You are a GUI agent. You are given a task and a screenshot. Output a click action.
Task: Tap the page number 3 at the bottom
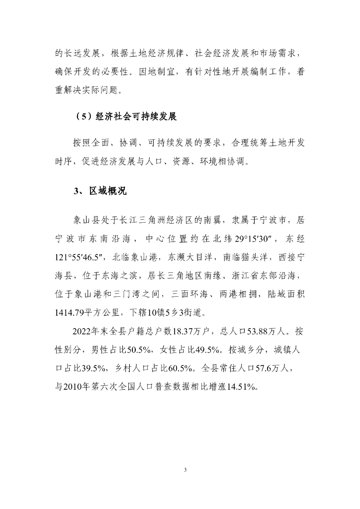tap(184, 470)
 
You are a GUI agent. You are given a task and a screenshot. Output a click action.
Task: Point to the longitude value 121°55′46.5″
tap(80, 257)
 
